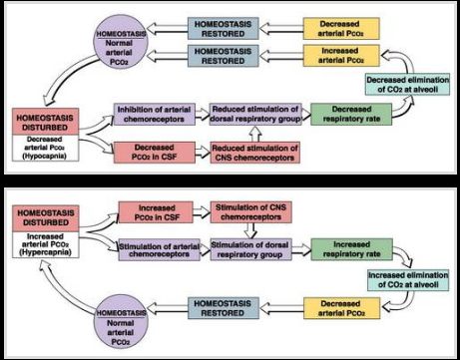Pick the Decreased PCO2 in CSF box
pyautogui.click(x=149, y=154)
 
